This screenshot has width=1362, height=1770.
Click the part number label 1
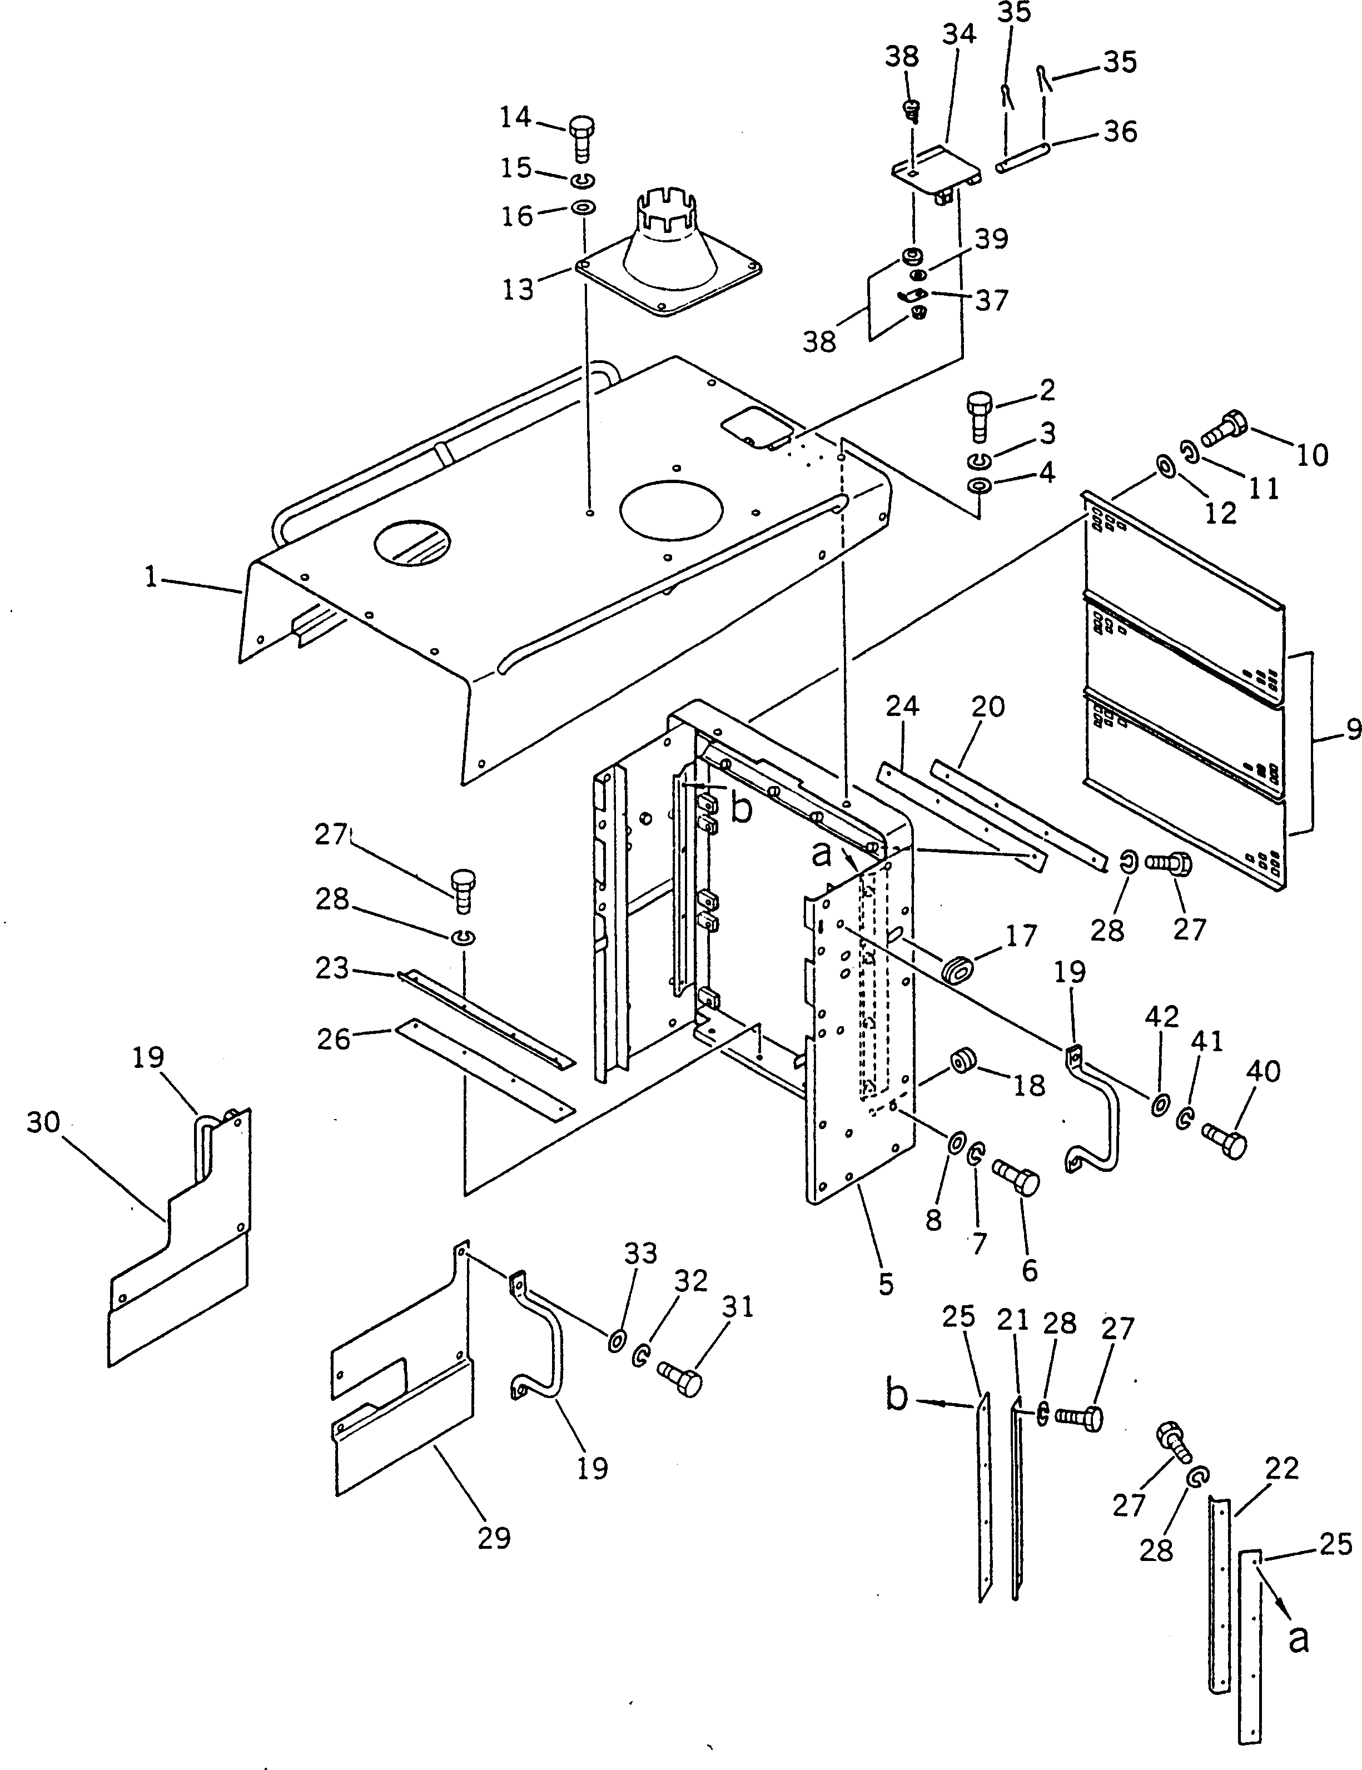pyautogui.click(x=151, y=577)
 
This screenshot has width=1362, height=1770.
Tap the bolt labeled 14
pyautogui.click(x=581, y=140)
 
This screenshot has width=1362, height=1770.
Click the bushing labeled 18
pyautogui.click(x=962, y=1060)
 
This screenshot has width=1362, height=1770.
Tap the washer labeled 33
pyautogui.click(x=617, y=1340)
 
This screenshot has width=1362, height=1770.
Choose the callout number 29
pyautogui.click(x=494, y=1538)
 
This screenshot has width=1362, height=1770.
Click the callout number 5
pyautogui.click(x=886, y=1283)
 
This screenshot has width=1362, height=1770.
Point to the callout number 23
pyautogui.click(x=332, y=968)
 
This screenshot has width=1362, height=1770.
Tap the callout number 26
pyautogui.click(x=333, y=1038)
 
